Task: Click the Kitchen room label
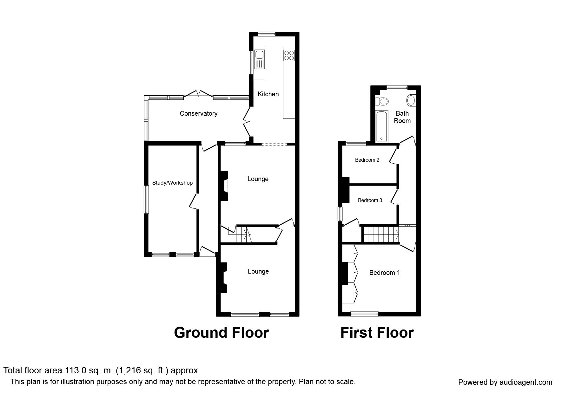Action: click(268, 94)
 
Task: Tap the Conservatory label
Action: click(198, 113)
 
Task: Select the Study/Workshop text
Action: click(172, 183)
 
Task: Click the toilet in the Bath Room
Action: click(382, 101)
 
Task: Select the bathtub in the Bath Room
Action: click(381, 126)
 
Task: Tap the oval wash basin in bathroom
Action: click(411, 100)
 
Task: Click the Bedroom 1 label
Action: click(384, 273)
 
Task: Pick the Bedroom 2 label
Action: click(367, 160)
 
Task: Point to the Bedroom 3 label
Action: click(370, 200)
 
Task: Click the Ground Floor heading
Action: click(221, 333)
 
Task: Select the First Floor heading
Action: click(377, 333)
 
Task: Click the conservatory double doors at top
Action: click(198, 94)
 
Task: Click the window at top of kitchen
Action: click(266, 34)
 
